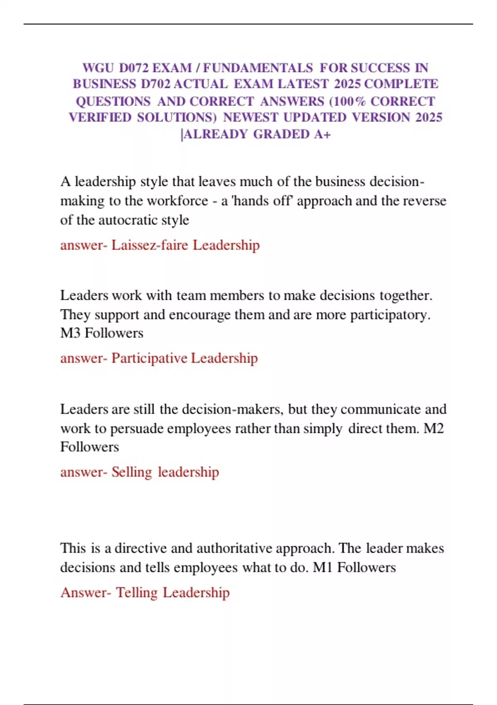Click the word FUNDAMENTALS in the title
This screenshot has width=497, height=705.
[258, 68]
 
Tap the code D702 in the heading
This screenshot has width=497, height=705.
[155, 84]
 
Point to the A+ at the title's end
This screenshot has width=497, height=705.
[322, 134]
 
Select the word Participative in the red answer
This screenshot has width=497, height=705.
[149, 358]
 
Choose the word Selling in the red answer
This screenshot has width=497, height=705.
[132, 472]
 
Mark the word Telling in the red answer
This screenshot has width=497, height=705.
[136, 593]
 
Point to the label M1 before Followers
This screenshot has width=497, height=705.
[322, 567]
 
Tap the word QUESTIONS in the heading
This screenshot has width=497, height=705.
[113, 101]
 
